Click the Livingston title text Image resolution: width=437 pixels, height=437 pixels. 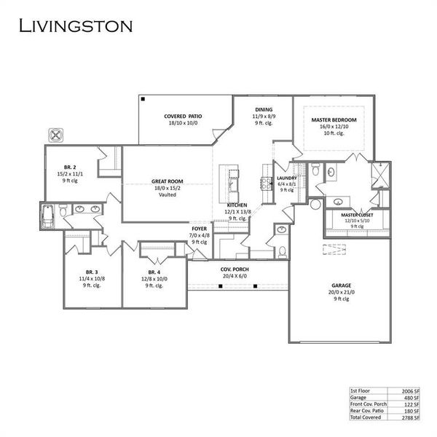75,27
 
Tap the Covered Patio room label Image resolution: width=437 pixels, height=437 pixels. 184,116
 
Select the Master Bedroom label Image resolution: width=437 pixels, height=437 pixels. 334,119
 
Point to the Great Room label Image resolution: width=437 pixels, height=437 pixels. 168,181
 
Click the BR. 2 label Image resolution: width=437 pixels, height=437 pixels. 70,166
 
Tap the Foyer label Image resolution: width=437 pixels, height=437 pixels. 200,229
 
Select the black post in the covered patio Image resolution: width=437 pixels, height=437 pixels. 144,98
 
